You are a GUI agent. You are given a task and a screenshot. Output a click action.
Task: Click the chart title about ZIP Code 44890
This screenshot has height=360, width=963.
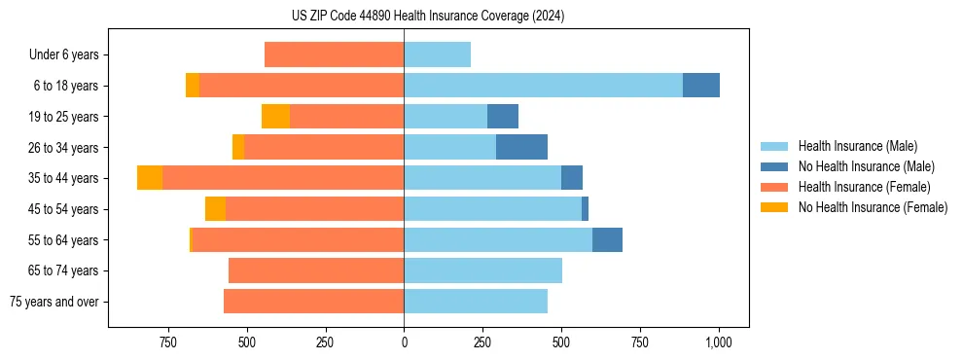click(427, 16)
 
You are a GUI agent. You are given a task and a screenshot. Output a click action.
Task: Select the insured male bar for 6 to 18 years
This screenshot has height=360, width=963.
click(543, 86)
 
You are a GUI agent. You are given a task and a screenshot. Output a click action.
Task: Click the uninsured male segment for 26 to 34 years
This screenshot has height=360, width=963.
click(521, 147)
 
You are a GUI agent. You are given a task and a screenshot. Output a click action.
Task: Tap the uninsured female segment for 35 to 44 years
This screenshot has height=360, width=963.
click(150, 178)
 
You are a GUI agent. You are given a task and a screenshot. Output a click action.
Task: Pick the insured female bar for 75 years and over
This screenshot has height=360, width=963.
click(313, 302)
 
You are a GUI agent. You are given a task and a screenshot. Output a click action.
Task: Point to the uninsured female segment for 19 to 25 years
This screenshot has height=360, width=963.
click(275, 117)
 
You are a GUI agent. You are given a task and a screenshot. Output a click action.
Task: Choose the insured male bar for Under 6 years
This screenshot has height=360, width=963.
click(437, 54)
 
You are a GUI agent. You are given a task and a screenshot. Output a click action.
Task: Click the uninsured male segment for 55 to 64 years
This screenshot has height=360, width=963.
click(607, 239)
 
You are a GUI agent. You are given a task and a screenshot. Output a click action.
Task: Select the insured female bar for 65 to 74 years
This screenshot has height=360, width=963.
click(316, 270)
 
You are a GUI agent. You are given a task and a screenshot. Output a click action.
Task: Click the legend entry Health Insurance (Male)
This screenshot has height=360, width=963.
click(857, 146)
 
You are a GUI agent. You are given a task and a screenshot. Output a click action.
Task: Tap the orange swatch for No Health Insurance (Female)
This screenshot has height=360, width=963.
click(776, 207)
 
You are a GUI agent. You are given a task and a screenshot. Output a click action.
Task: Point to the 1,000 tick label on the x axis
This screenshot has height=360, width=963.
click(718, 342)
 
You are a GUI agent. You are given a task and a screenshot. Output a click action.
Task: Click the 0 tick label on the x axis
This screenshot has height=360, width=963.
click(404, 342)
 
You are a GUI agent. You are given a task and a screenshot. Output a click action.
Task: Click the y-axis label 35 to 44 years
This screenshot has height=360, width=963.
click(63, 178)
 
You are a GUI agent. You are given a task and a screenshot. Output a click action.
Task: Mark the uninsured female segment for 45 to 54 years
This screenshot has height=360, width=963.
click(215, 209)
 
